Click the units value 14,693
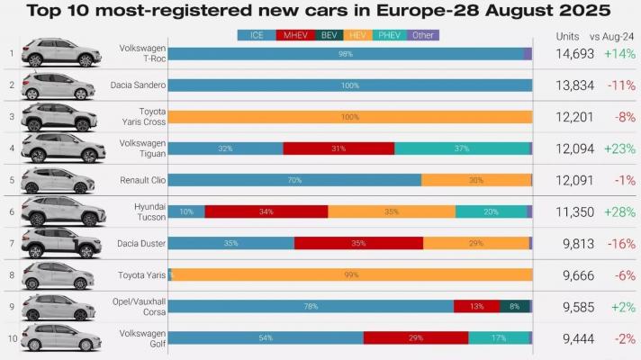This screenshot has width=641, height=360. click(x=576, y=54)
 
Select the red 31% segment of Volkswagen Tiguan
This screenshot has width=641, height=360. click(x=339, y=148)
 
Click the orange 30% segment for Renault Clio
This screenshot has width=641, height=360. click(x=476, y=180)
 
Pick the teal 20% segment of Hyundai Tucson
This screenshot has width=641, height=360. click(x=491, y=211)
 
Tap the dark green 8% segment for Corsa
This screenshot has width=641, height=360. click(x=514, y=306)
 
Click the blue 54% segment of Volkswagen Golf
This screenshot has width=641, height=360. click(x=266, y=337)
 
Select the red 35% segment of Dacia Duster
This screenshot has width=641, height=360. click(x=358, y=243)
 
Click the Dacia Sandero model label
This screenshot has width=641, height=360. click(x=140, y=85)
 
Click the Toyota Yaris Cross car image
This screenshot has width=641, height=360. click(x=58, y=117)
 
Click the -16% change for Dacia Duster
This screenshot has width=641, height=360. click(x=619, y=243)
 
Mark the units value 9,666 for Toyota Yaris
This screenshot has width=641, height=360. click(x=576, y=274)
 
